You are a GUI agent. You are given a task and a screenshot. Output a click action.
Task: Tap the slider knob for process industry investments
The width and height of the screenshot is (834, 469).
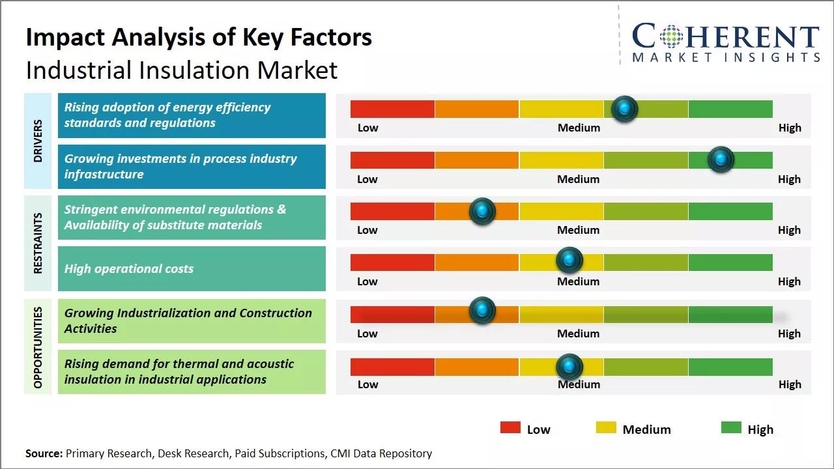(721, 160)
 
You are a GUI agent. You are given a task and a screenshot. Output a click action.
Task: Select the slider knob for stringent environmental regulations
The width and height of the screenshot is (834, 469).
(482, 211)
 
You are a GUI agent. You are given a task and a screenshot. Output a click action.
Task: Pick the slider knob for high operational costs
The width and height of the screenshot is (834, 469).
(569, 261)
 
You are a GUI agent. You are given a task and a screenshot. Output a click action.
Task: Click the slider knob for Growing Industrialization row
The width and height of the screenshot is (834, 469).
(482, 310)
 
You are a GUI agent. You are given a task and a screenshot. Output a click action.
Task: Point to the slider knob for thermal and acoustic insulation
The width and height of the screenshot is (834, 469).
(569, 367)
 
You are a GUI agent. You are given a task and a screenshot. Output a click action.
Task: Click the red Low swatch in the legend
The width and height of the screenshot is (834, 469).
(510, 428)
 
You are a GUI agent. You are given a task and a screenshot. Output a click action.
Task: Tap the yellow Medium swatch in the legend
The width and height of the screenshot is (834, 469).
(606, 428)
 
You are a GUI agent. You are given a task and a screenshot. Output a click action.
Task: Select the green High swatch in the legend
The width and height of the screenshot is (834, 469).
(731, 428)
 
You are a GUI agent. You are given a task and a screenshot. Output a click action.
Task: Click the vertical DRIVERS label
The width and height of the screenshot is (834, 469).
(38, 141)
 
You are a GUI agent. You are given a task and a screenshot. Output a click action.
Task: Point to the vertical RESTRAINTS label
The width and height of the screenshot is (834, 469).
(38, 243)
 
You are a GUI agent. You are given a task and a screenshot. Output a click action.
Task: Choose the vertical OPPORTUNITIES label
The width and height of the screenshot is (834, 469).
(38, 347)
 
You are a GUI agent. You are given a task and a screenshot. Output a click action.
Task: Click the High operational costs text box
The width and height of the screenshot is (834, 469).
(192, 268)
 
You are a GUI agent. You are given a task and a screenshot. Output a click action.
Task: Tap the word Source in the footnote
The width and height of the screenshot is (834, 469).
(44, 453)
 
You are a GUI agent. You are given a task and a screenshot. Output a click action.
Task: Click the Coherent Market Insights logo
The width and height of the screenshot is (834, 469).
(725, 42)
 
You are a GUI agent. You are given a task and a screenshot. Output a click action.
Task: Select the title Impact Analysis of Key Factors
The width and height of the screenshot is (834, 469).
(199, 38)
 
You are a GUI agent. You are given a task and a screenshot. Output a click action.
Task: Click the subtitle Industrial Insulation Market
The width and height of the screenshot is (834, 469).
(182, 70)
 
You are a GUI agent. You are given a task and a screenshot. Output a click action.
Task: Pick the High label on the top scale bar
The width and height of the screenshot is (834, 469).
(790, 128)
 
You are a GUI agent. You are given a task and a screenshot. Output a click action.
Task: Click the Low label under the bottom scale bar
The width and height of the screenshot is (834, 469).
(367, 384)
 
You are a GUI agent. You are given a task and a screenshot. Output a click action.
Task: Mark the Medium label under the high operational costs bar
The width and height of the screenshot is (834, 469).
(579, 281)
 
